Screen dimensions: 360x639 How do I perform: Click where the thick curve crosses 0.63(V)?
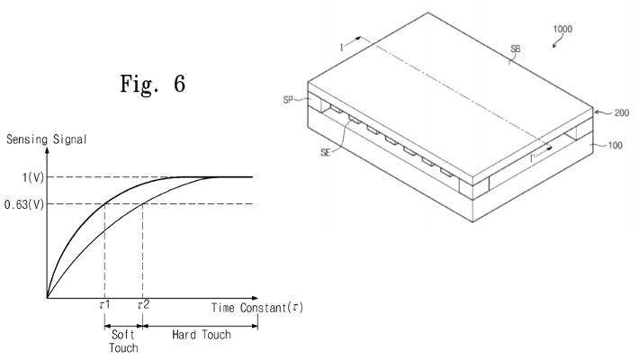(104, 202)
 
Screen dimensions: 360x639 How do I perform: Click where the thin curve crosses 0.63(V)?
(142, 202)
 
